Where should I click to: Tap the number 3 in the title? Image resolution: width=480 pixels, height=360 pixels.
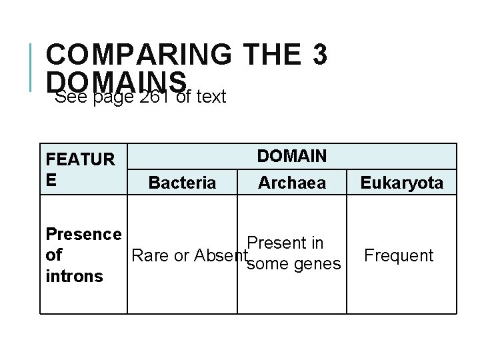click(318, 55)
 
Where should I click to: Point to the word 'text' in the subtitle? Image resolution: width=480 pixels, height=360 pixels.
click(211, 97)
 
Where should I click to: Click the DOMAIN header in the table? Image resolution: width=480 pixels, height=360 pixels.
click(292, 156)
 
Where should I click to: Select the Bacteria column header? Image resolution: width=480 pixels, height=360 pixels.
click(182, 183)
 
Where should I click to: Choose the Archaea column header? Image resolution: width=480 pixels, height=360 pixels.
click(292, 182)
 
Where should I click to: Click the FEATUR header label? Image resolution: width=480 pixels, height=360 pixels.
click(80, 160)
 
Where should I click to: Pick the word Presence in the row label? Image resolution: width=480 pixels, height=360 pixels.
click(83, 234)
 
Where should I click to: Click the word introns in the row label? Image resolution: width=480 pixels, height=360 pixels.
click(74, 275)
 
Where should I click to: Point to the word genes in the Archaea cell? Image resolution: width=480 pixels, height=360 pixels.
click(317, 265)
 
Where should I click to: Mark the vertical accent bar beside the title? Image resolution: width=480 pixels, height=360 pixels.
click(31, 67)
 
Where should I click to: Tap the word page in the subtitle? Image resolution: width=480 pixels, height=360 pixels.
click(113, 97)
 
